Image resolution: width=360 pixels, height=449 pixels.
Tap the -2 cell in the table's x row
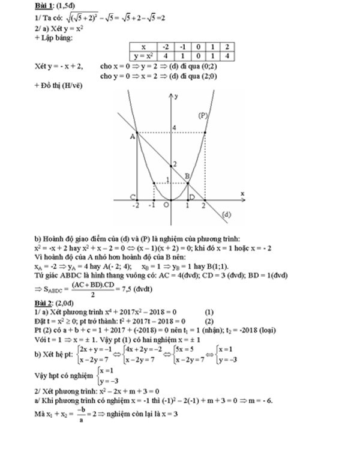166,46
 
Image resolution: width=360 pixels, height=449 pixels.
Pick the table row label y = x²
143,55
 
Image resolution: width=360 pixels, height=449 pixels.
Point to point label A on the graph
131,137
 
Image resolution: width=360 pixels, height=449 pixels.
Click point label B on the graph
188,175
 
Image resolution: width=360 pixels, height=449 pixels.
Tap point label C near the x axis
132,197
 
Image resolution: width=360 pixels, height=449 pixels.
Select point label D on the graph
191,197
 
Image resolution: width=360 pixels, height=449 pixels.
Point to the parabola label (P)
202,115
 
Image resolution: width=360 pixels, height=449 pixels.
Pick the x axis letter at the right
242,193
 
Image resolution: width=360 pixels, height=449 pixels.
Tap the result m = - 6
259,400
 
